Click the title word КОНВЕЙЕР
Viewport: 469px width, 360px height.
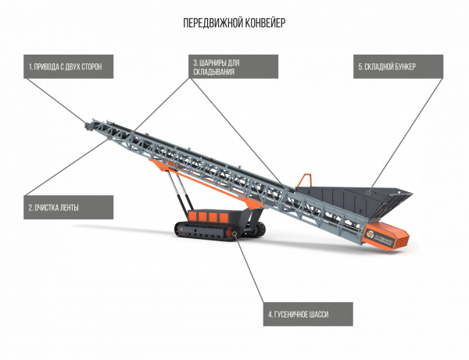(263, 23)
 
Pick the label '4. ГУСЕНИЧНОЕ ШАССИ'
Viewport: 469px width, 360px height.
(307, 314)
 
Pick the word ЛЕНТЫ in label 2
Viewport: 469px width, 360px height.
(69, 207)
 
